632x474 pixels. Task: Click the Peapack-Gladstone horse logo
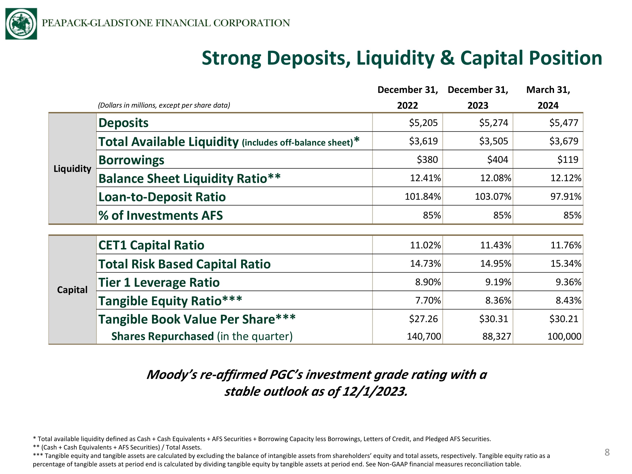(21, 24)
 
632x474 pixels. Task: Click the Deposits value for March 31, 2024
(564, 123)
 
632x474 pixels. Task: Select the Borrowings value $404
(498, 159)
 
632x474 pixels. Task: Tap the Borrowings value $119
(568, 159)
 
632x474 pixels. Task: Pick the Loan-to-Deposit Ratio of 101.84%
(423, 197)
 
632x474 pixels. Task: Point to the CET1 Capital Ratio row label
(151, 245)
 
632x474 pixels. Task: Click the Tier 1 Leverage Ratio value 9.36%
(568, 282)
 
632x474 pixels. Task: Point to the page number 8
(607, 453)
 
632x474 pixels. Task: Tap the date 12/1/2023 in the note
(375, 391)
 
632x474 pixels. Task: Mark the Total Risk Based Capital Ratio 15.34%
(566, 263)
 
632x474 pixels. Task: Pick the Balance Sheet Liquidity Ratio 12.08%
(496, 178)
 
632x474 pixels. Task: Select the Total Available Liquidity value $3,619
(423, 141)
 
